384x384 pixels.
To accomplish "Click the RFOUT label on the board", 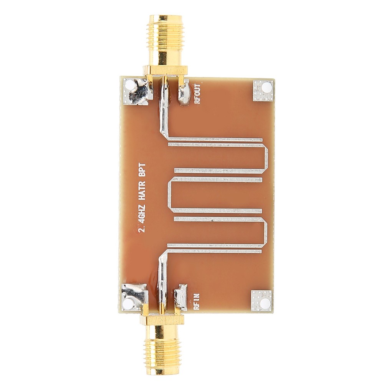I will click(197, 94).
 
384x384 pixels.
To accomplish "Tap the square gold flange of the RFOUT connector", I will click(165, 70).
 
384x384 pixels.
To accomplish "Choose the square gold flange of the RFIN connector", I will click(162, 319).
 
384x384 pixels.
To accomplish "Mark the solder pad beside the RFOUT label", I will click(184, 93).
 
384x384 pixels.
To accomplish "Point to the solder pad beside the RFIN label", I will click(180, 297).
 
